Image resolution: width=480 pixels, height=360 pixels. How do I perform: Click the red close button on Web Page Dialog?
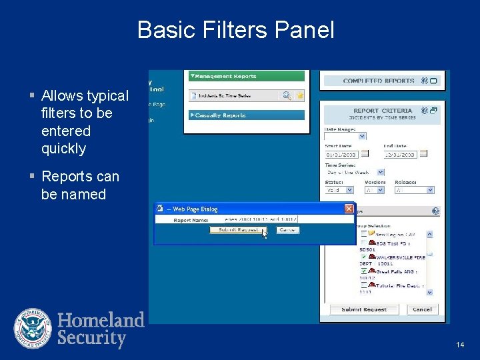click(349, 209)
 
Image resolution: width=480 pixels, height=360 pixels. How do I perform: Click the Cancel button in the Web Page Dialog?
click(287, 230)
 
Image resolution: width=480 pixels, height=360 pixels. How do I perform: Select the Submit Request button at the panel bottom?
click(364, 309)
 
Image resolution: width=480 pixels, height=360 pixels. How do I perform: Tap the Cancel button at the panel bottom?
click(422, 309)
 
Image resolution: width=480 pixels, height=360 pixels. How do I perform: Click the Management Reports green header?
click(246, 76)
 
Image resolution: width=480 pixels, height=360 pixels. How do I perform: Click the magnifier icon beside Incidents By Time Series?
click(287, 95)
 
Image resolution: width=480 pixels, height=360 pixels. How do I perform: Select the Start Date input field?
click(341, 154)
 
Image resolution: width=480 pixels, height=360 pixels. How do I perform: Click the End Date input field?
click(400, 154)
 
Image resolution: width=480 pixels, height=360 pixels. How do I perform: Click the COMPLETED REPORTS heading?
click(379, 81)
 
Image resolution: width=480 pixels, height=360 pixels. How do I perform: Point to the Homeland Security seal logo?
click(33, 329)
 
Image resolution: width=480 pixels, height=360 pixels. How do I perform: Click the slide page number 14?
click(460, 345)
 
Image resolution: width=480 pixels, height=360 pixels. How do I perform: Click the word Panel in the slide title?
click(303, 30)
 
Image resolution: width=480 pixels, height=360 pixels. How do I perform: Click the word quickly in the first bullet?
click(63, 149)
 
